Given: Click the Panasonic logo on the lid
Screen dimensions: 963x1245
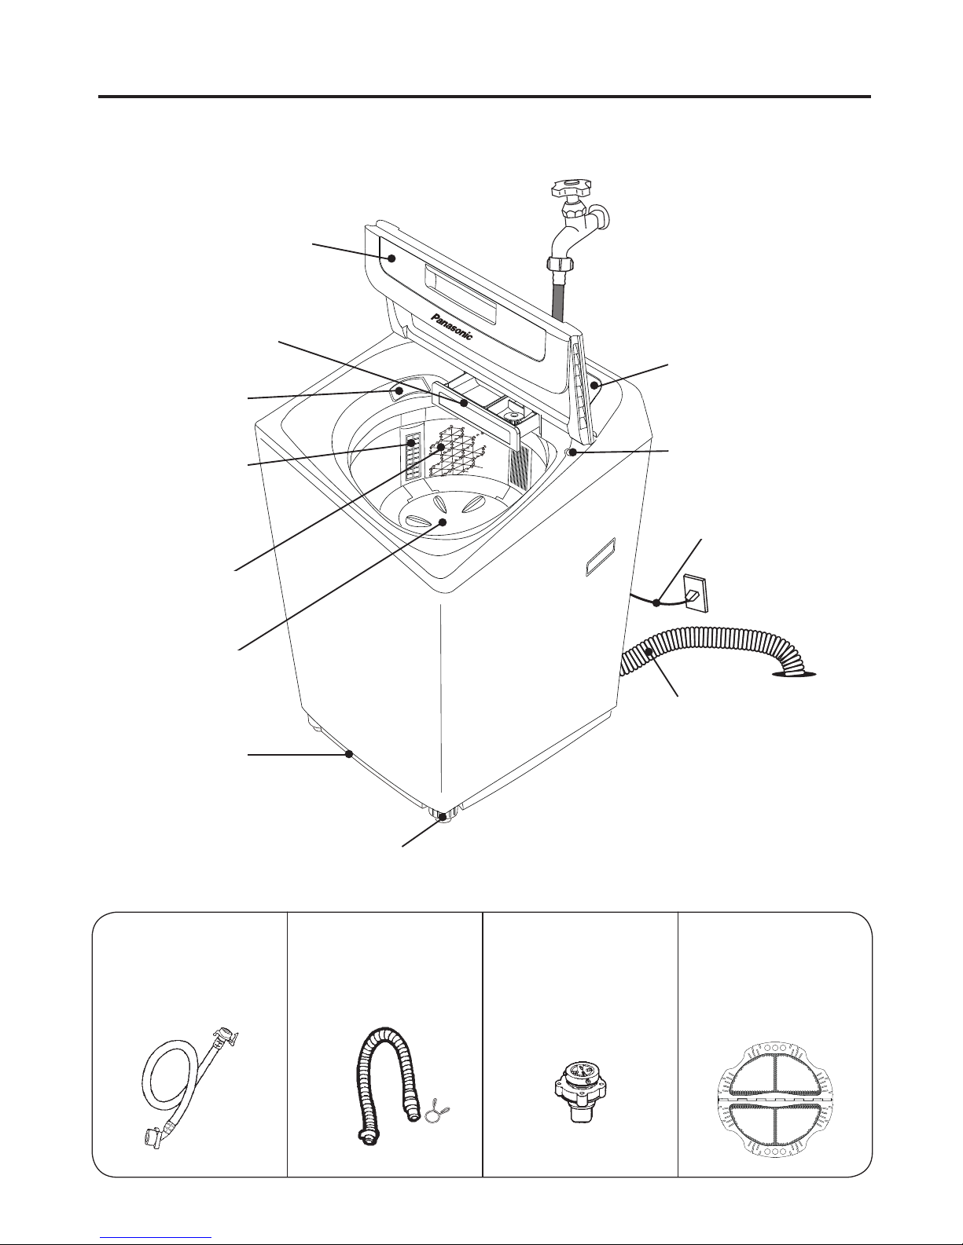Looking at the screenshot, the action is click(x=452, y=326).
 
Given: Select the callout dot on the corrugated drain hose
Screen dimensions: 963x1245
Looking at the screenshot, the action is click(x=649, y=651).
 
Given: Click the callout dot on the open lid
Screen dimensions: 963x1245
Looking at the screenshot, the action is click(x=392, y=258).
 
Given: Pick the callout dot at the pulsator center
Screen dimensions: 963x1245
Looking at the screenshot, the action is click(x=443, y=522).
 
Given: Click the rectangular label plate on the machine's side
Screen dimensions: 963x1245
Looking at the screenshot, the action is click(x=600, y=556).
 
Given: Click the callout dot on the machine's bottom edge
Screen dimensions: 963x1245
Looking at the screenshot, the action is click(x=348, y=755).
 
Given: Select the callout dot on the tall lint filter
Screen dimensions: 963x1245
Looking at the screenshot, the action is click(x=410, y=442).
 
